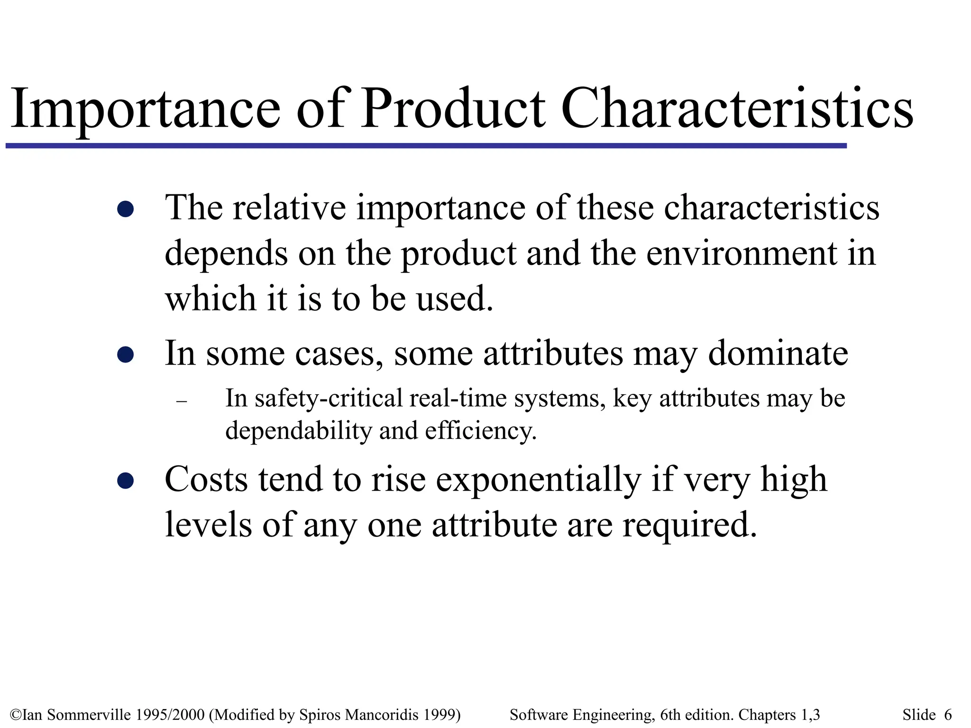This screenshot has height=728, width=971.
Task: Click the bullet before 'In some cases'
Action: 125,355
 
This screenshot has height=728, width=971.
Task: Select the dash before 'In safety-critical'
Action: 181,401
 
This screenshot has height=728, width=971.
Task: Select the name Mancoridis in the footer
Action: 382,715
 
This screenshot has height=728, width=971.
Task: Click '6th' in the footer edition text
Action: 669,715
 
